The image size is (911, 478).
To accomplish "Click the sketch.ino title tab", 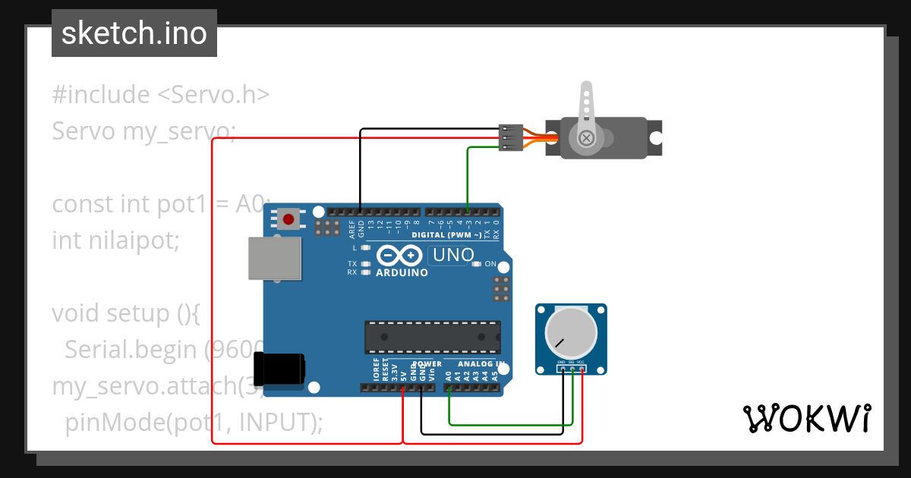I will click(x=134, y=33).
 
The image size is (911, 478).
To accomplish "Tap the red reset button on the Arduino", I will click(x=288, y=220).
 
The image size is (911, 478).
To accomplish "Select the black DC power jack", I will click(x=280, y=369).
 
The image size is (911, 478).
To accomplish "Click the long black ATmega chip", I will click(x=432, y=337).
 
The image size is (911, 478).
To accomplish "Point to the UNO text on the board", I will click(x=453, y=256).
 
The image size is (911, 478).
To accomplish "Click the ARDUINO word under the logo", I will click(x=402, y=273).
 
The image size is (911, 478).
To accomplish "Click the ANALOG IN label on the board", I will click(x=479, y=365).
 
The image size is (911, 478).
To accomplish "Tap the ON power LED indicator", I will click(x=477, y=264).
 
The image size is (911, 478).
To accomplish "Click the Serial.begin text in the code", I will click(x=132, y=349).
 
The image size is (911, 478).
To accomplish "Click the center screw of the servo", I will click(x=586, y=138).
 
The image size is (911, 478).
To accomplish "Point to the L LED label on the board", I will click(x=355, y=248).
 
